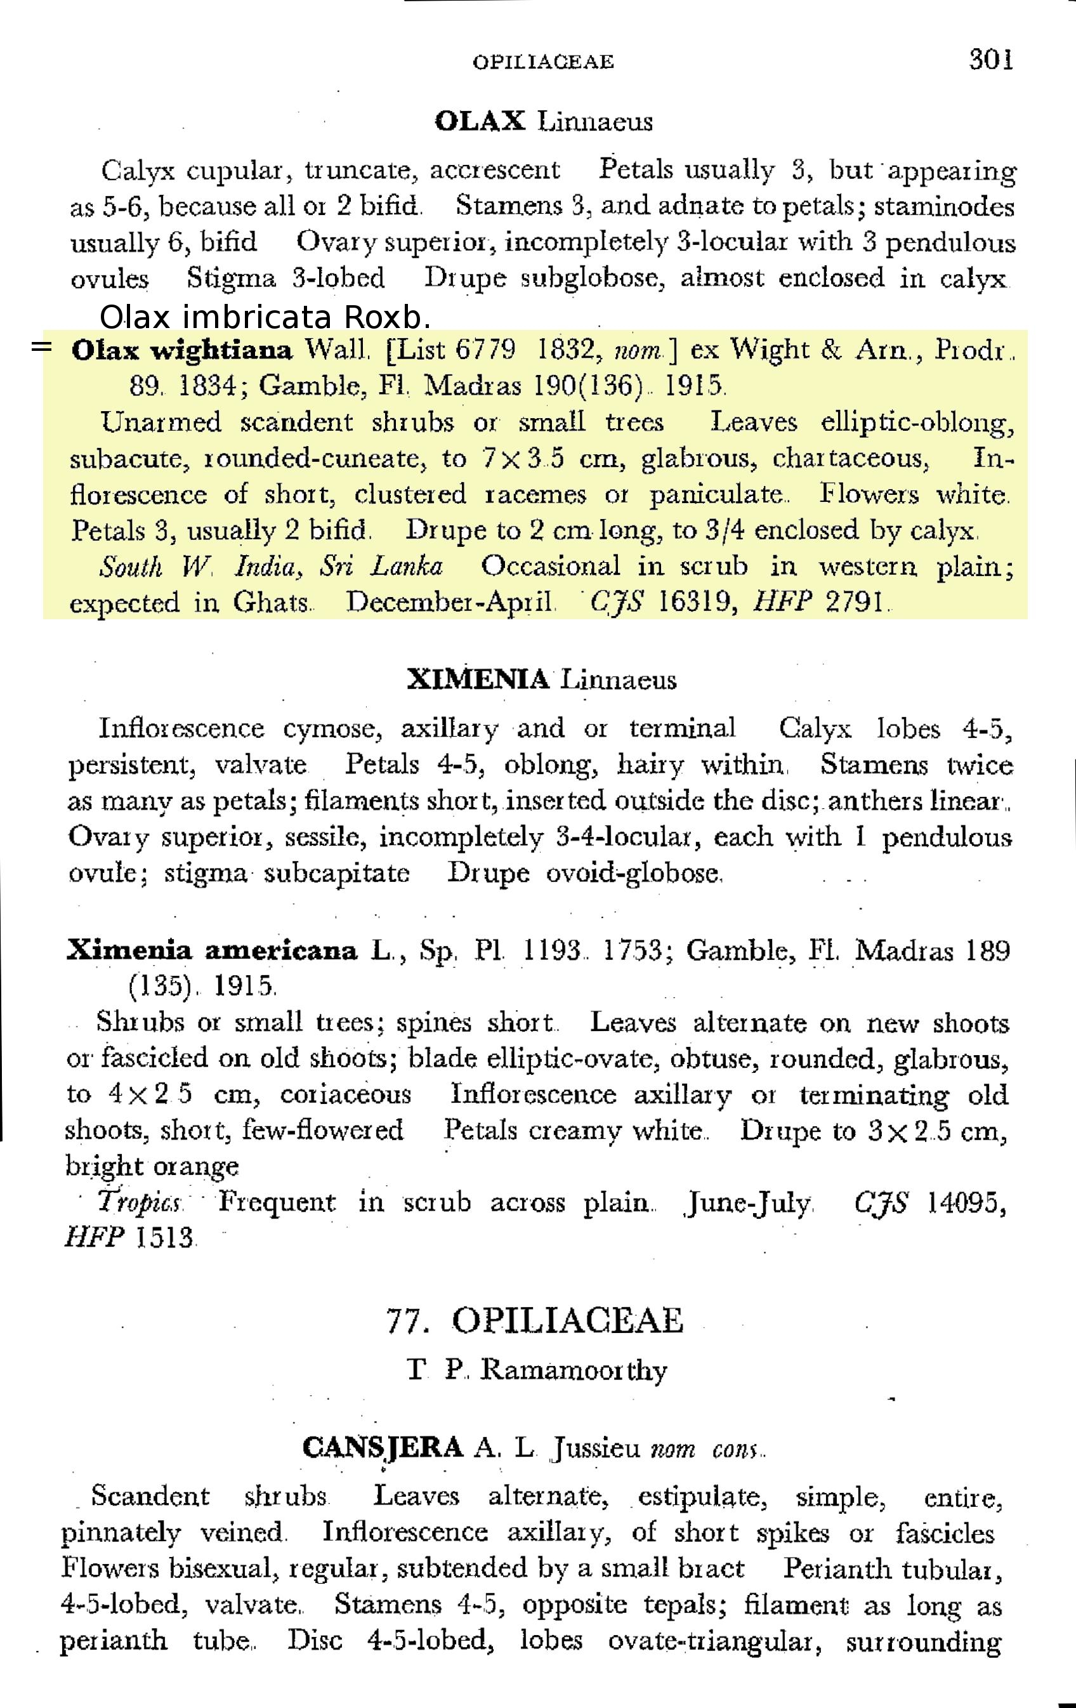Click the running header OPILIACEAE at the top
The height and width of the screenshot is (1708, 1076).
click(x=542, y=62)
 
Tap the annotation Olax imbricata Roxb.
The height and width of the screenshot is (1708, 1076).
click(x=265, y=317)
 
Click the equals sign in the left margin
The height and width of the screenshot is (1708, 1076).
click(x=42, y=348)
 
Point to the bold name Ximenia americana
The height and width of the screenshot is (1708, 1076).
click(x=211, y=950)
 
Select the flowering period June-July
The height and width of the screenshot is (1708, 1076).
click(x=748, y=1203)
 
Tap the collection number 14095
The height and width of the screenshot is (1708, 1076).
click(x=966, y=1202)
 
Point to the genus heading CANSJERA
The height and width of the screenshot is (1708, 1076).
click(x=383, y=1447)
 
